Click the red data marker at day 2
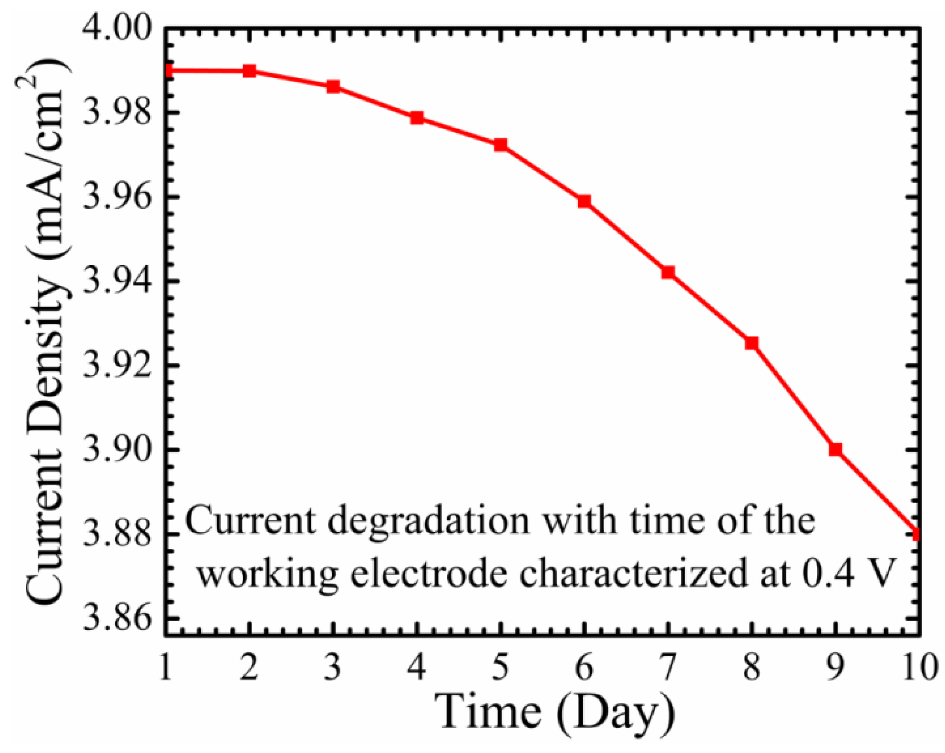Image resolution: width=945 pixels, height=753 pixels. pyautogui.click(x=249, y=72)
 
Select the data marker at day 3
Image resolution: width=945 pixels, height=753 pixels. pyautogui.click(x=333, y=87)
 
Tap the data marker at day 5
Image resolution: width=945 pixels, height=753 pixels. pyautogui.click(x=501, y=145)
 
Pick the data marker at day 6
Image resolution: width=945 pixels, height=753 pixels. pyautogui.click(x=585, y=201)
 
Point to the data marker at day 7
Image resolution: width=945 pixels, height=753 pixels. pyautogui.click(x=668, y=272)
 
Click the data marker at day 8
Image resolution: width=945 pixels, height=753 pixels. pyautogui.click(x=752, y=343)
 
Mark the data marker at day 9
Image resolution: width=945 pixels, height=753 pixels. pyautogui.click(x=835, y=449)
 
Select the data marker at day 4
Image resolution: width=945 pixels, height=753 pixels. pyautogui.click(x=417, y=118)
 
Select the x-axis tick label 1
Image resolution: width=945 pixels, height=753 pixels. pyautogui.click(x=165, y=667)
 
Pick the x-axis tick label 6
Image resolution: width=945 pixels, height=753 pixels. pyautogui.click(x=585, y=667)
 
